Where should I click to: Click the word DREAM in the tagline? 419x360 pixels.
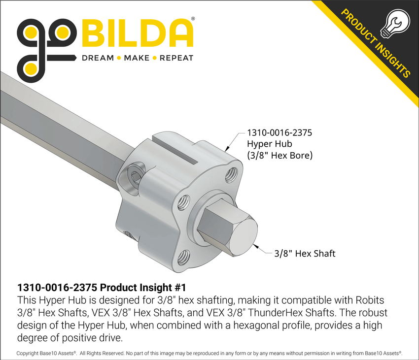pos(97,58)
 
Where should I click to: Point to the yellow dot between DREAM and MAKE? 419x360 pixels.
pos(118,58)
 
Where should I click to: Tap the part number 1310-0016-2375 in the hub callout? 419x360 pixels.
pos(279,133)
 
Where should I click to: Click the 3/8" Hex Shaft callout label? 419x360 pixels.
pos(305,254)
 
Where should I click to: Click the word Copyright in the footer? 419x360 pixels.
pos(31,353)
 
